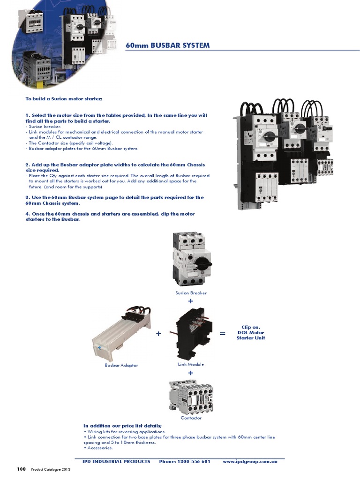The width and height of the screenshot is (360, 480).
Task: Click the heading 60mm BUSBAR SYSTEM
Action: pyautogui.click(x=167, y=45)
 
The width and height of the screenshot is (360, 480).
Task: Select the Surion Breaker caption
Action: pyautogui.click(x=190, y=293)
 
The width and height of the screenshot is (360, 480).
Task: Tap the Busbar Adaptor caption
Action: pyautogui.click(x=121, y=365)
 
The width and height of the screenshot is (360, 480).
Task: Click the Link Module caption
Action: pyautogui.click(x=191, y=364)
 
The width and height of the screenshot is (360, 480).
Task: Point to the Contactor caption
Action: pyautogui.click(x=191, y=418)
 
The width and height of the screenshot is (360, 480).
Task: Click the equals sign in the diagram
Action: pyautogui.click(x=223, y=334)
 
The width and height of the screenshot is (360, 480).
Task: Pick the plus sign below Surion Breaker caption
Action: pyautogui.click(x=191, y=301)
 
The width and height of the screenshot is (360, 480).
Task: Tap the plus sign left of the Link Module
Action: pyautogui.click(x=158, y=334)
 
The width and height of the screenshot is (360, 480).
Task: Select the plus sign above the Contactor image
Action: pyautogui.click(x=191, y=373)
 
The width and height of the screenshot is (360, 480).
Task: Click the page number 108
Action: pyautogui.click(x=21, y=469)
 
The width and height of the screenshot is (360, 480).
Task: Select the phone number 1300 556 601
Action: pyautogui.click(x=185, y=462)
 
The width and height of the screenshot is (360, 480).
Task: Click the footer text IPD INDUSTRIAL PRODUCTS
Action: pyautogui.click(x=116, y=462)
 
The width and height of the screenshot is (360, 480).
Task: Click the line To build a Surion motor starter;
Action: pyautogui.click(x=64, y=98)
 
